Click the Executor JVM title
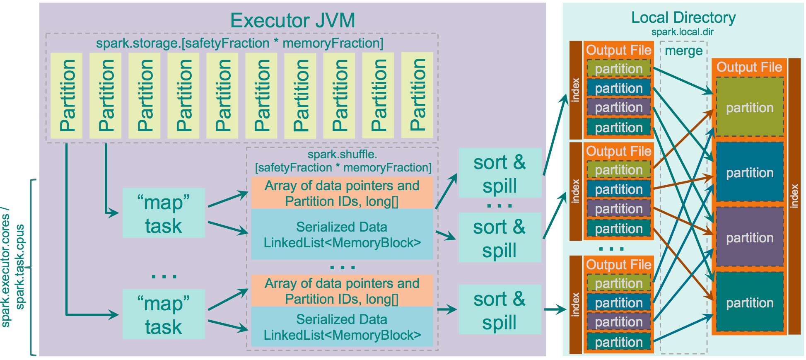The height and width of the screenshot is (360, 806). click(x=292, y=20)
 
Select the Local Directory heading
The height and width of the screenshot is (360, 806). click(x=683, y=17)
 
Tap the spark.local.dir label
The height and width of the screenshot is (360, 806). click(x=682, y=32)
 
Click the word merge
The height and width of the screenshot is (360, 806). click(x=683, y=51)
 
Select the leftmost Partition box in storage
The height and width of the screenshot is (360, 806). click(x=66, y=95)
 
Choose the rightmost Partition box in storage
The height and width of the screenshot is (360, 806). click(x=417, y=95)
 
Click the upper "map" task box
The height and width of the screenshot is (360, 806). click(x=164, y=213)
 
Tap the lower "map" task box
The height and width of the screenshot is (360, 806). click(x=164, y=314)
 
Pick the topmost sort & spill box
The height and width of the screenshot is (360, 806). click(x=500, y=173)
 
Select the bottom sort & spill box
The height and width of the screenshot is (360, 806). click(x=500, y=309)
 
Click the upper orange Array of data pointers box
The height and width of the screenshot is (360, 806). click(x=342, y=193)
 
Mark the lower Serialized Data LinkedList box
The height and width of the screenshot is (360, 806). click(x=342, y=327)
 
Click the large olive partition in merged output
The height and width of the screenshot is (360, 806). click(x=750, y=107)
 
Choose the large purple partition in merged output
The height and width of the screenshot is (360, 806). click(x=750, y=237)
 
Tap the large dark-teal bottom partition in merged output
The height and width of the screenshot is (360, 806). click(x=750, y=302)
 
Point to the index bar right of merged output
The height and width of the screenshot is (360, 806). click(x=794, y=196)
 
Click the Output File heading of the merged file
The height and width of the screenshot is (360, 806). click(x=749, y=67)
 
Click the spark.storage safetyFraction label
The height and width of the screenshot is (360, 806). click(x=239, y=43)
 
